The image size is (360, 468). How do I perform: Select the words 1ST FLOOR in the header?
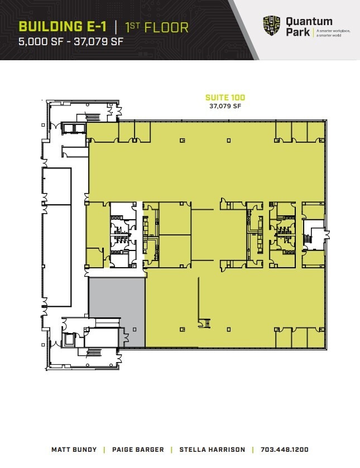(x=157, y=26)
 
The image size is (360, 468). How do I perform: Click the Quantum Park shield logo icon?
(x=272, y=26)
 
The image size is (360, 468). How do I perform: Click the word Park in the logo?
(x=297, y=32)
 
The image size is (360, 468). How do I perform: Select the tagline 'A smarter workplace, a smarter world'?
(x=333, y=32)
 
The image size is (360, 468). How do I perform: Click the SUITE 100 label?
(x=225, y=98)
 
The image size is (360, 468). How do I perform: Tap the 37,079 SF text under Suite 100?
(x=225, y=105)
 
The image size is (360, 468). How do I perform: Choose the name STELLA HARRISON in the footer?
(x=212, y=450)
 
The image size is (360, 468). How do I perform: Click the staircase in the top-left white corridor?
(x=92, y=117)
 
